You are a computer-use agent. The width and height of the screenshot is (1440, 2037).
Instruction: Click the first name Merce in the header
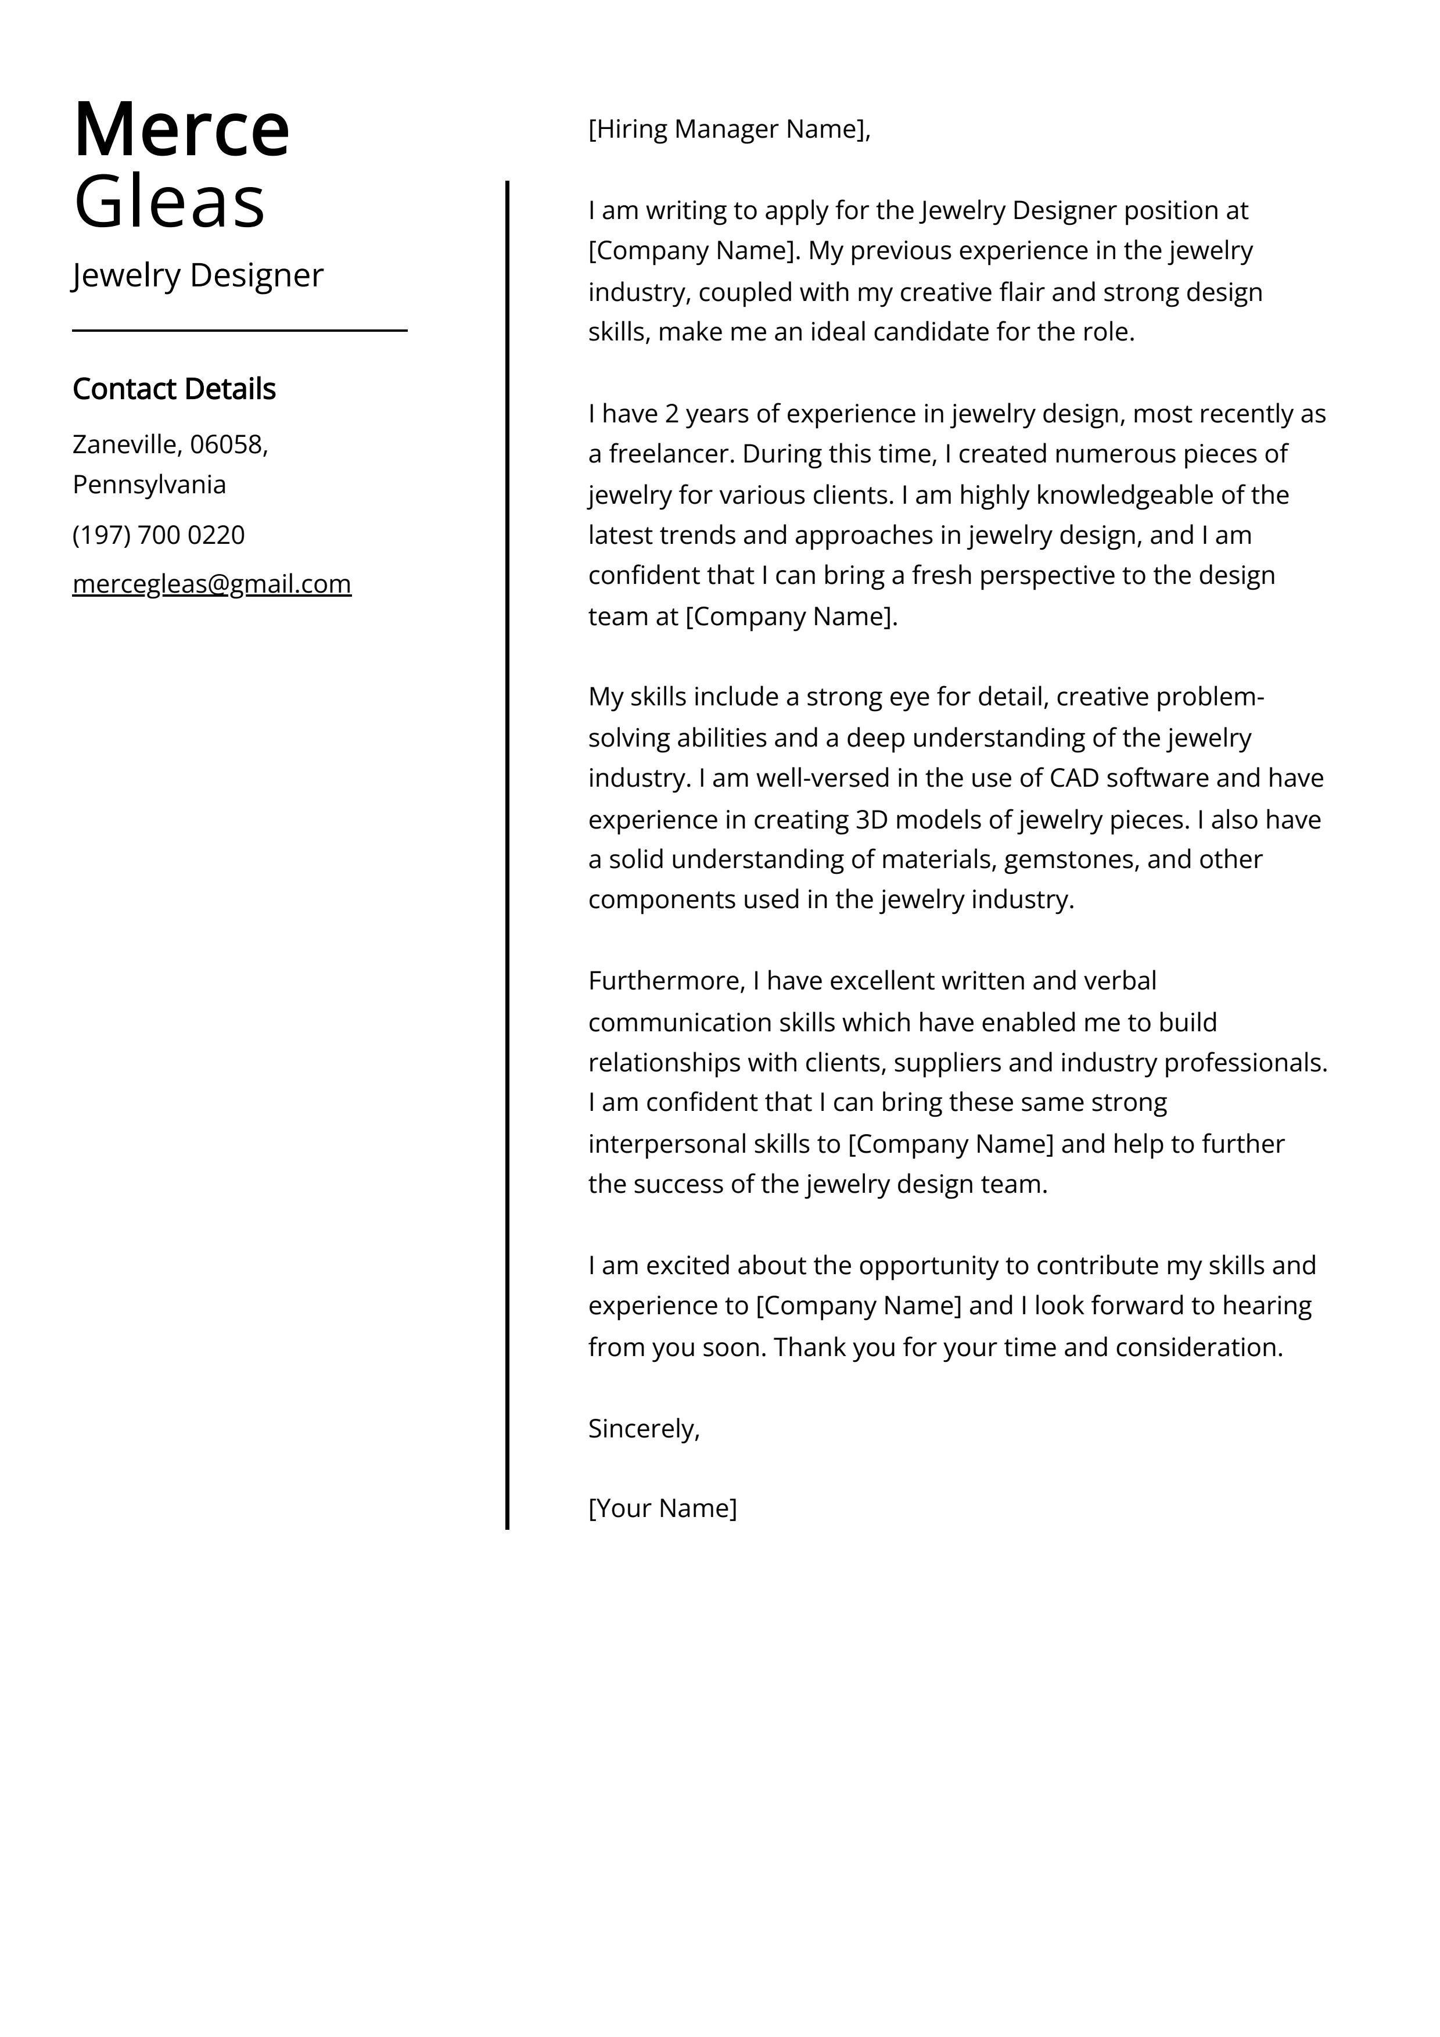181,130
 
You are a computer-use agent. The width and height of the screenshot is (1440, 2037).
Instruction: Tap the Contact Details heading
174,389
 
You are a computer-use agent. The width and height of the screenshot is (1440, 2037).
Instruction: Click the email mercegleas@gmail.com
211,584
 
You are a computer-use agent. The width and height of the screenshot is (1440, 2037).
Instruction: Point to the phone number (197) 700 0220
158,535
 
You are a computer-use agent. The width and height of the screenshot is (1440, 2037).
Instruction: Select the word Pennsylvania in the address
149,485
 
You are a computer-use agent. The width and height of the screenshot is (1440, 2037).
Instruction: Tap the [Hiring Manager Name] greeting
728,130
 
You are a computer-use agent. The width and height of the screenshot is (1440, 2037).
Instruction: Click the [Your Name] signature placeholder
662,1508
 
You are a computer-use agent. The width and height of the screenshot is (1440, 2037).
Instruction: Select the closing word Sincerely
642,1428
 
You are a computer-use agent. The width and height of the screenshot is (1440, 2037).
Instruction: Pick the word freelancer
669,454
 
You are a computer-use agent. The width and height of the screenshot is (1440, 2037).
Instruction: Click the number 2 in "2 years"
671,414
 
